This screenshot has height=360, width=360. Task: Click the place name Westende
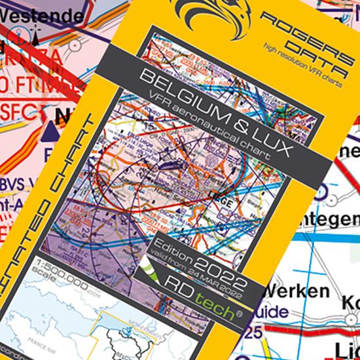click(x=45, y=14)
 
